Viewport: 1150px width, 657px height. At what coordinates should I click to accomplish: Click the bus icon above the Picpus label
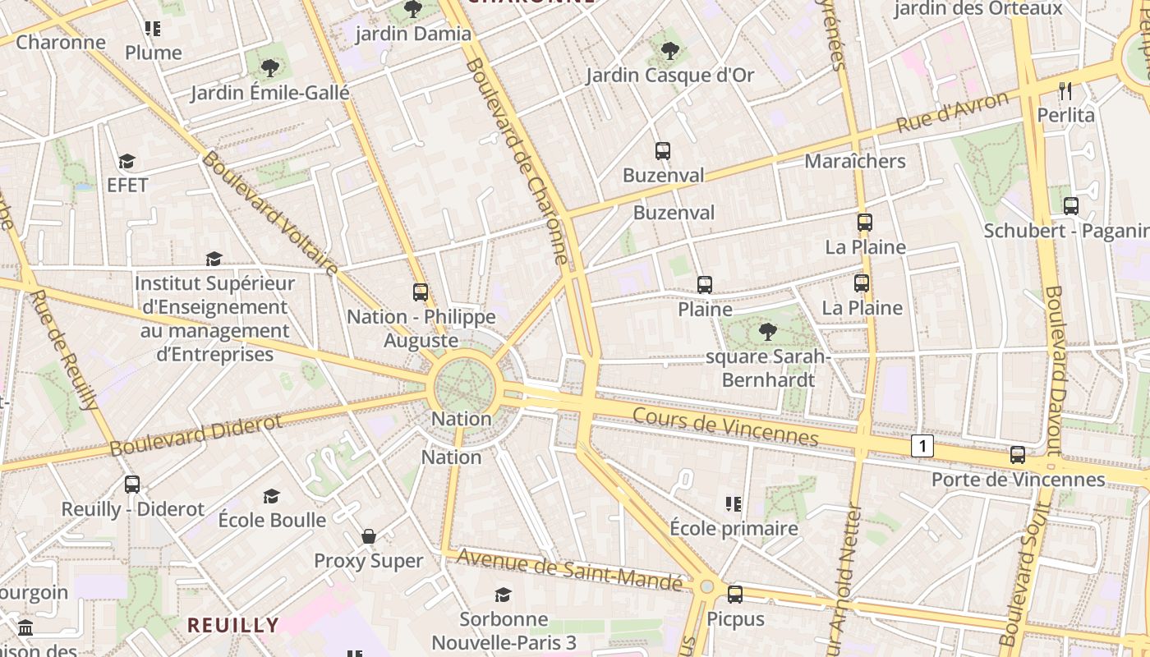pyautogui.click(x=735, y=593)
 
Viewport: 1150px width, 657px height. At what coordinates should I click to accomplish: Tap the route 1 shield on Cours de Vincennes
pyautogui.click(x=922, y=446)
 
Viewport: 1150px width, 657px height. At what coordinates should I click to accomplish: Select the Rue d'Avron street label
pyautogui.click(x=952, y=113)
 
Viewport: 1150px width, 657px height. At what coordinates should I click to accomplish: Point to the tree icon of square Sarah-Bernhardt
pyautogui.click(x=767, y=332)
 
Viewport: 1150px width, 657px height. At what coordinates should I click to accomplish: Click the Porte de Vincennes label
pyautogui.click(x=1018, y=479)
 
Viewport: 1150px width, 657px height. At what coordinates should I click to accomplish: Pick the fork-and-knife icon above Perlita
pyautogui.click(x=1065, y=90)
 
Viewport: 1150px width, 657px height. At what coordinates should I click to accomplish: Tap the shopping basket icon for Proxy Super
pyautogui.click(x=369, y=536)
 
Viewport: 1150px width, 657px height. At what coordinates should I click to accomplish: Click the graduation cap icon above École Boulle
pyautogui.click(x=271, y=496)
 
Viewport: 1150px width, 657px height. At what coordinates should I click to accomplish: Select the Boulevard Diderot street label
pyautogui.click(x=195, y=435)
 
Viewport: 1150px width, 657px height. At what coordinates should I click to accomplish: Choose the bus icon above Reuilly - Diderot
pyautogui.click(x=132, y=485)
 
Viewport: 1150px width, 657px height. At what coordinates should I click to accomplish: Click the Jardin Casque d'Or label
pyautogui.click(x=669, y=76)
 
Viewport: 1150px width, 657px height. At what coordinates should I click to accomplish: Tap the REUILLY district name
pyautogui.click(x=233, y=625)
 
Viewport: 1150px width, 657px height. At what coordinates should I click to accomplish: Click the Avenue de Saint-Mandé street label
pyautogui.click(x=569, y=568)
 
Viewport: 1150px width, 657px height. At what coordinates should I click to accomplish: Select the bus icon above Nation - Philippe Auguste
pyautogui.click(x=421, y=292)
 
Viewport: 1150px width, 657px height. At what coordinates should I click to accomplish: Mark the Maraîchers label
pyautogui.click(x=854, y=161)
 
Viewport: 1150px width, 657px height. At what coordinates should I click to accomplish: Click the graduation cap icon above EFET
pyautogui.click(x=126, y=161)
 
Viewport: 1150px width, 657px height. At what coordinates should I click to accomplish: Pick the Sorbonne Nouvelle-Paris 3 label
pyautogui.click(x=504, y=631)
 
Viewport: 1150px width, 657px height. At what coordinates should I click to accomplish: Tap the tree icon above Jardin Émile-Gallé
pyautogui.click(x=269, y=68)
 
